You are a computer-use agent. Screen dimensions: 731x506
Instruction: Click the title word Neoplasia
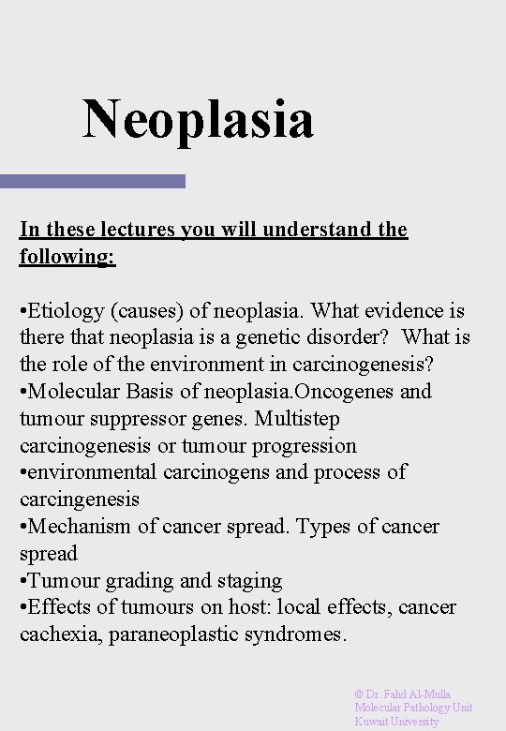[x=198, y=120]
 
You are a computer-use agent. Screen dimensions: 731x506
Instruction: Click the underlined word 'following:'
[x=67, y=256]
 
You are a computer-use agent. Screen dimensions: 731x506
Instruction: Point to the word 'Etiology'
[x=64, y=310]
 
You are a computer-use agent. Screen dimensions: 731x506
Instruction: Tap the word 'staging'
[x=247, y=581]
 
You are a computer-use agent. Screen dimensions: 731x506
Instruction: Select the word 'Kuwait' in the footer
[x=371, y=722]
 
